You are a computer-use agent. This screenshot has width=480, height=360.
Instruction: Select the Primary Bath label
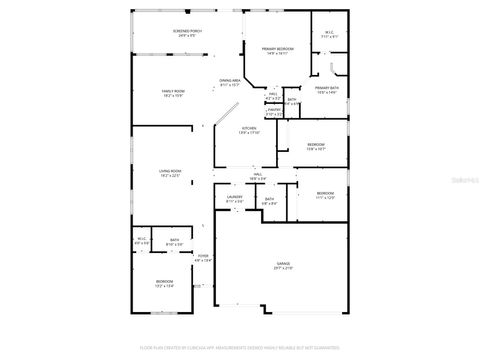coord(327,90)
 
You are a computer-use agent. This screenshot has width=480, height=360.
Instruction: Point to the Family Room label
coord(173,93)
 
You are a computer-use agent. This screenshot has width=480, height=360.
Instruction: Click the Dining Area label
coord(229,82)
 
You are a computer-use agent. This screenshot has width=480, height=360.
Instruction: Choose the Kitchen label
coord(249,130)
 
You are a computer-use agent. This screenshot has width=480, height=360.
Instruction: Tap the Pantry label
coord(273,112)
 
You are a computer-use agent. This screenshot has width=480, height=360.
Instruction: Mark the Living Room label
coord(170,173)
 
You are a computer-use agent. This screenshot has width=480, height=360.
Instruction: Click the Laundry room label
coord(234,198)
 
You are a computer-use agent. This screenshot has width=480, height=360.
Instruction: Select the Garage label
coord(285,266)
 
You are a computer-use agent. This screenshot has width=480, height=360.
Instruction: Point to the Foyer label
coord(203,257)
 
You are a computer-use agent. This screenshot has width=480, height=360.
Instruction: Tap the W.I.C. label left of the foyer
coord(141,240)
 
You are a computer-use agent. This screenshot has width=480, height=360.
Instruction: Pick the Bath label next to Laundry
coord(269,200)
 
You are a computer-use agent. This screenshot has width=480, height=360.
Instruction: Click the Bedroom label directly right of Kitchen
coord(315,147)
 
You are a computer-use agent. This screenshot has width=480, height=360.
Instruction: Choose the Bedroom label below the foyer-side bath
coord(164,283)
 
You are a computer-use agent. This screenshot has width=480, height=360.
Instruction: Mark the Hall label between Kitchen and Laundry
coord(257,176)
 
